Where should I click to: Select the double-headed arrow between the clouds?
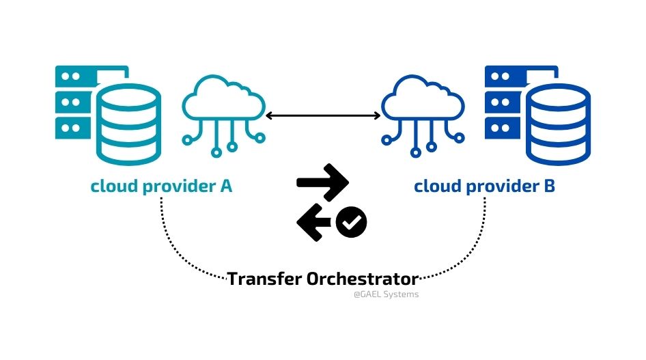pyautogui.click(x=323, y=116)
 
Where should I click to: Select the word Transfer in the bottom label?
pyautogui.click(x=264, y=279)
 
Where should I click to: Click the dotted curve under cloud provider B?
pyautogui.click(x=471, y=250)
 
